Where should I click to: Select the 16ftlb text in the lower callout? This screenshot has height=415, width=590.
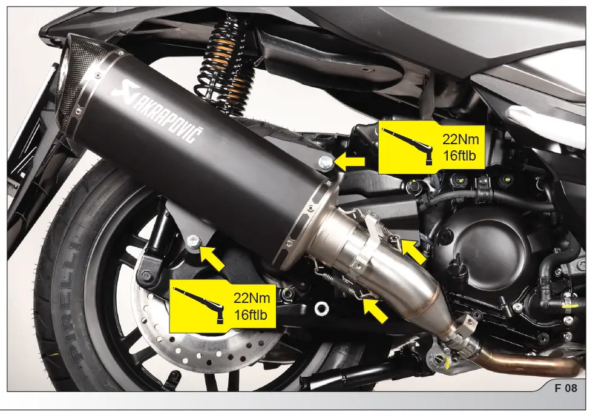point(251,314)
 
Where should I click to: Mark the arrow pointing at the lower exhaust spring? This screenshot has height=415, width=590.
point(376,311)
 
